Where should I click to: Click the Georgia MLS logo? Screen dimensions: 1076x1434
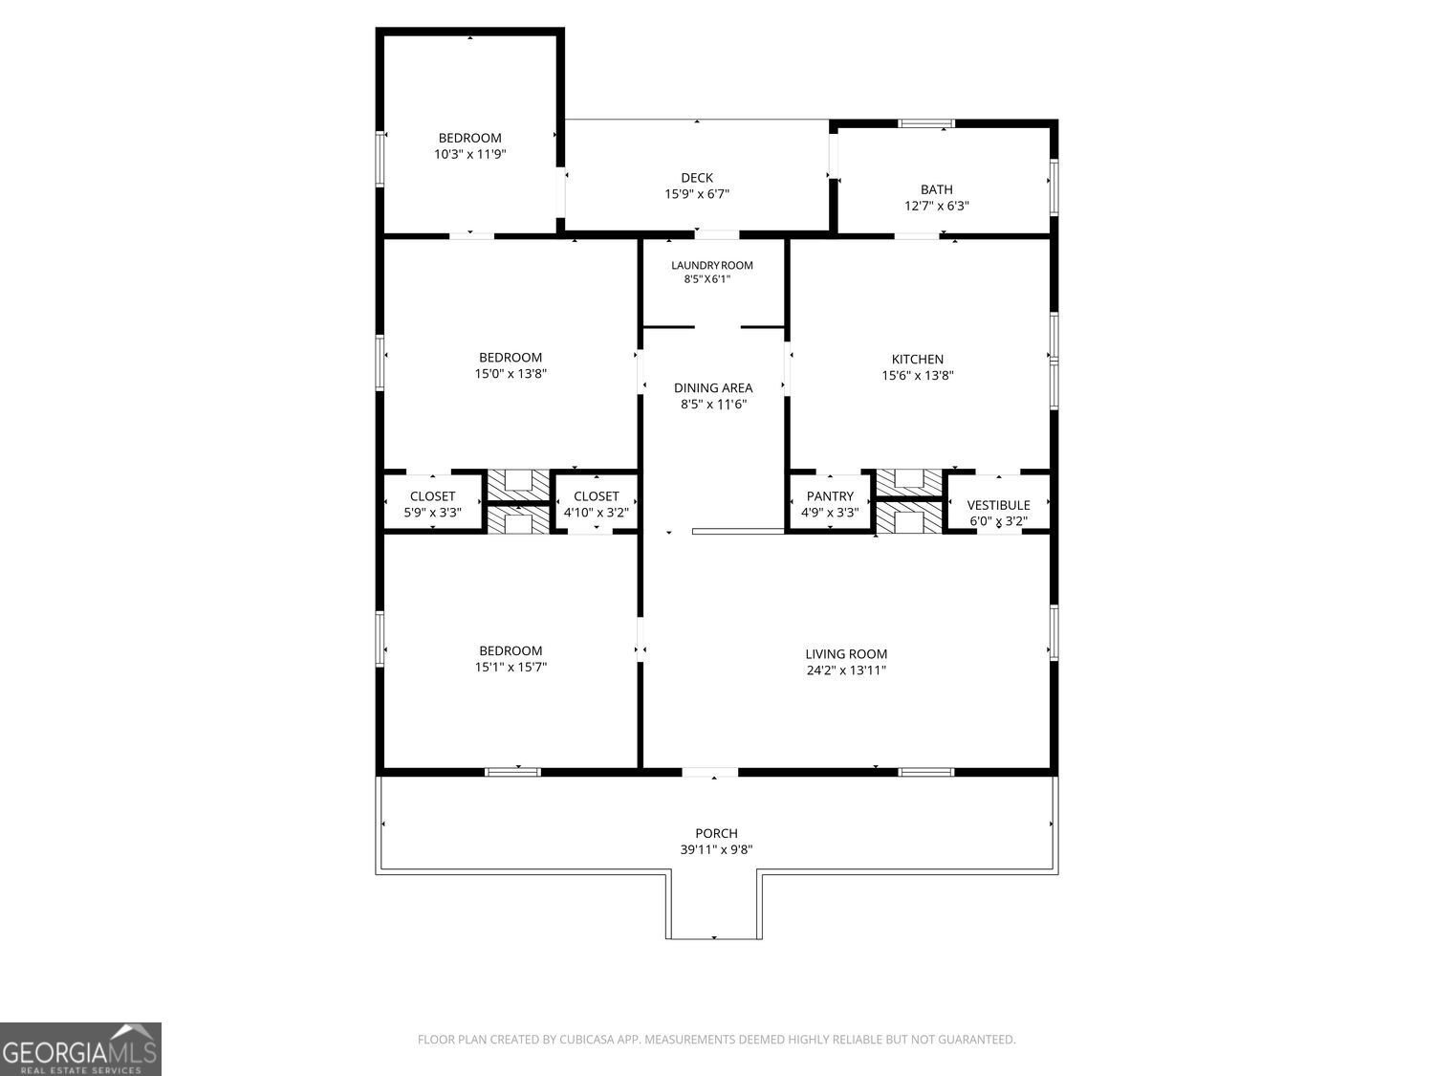80,1048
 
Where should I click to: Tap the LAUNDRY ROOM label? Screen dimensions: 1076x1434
711,266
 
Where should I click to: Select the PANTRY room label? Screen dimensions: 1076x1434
829,496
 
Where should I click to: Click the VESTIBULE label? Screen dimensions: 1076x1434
998,505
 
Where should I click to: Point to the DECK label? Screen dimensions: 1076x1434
697,178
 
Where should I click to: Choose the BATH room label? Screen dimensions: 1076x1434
936,189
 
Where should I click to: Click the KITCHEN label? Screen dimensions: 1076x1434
917,360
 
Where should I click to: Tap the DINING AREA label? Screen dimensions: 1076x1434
712,388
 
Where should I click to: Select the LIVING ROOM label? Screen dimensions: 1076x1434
846,654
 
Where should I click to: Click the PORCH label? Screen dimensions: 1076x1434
716,833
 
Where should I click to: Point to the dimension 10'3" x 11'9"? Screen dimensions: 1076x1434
469,154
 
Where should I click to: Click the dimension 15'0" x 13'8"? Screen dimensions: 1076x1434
511,374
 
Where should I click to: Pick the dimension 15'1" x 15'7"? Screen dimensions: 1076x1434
511,668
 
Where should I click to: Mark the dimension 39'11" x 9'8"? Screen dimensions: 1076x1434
716,849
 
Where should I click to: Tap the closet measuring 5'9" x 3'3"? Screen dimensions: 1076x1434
432,504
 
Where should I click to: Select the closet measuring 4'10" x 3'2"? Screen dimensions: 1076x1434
596,504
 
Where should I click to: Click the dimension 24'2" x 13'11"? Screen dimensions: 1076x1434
846,670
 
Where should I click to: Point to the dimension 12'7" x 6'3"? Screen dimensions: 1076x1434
936,206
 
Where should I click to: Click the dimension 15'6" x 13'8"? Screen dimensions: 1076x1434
917,376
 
